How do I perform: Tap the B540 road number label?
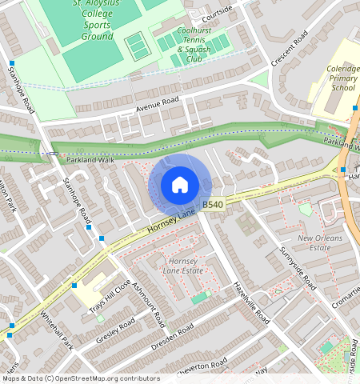pos(212,206)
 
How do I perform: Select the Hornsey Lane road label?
pos(171,224)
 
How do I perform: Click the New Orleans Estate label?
pos(320,243)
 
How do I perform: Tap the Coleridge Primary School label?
pos(342,78)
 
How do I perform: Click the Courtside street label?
pos(217,12)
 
